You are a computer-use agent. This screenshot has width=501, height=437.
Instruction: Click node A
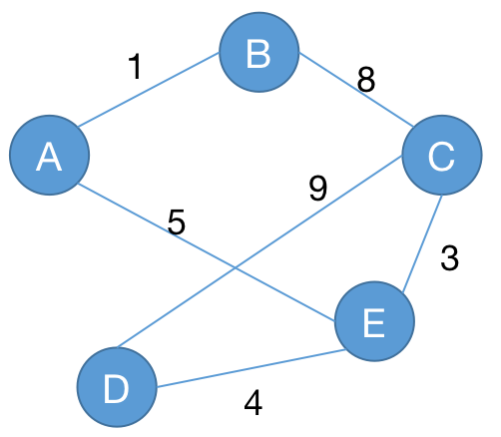[x=49, y=155]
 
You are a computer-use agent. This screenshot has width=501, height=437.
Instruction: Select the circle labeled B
[x=259, y=52]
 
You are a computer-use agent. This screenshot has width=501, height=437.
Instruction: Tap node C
[x=442, y=155]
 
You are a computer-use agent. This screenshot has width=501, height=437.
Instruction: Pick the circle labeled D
[x=117, y=387]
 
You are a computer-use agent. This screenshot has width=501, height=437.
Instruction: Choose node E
[x=374, y=321]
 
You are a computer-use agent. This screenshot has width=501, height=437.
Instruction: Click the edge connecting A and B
[x=149, y=90]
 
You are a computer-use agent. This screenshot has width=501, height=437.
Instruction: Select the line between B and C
[x=356, y=90]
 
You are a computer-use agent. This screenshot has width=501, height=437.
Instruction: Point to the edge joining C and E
[x=422, y=244]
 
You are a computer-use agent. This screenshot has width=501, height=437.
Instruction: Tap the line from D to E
[x=250, y=368]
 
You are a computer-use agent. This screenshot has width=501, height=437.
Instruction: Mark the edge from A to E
[x=206, y=252]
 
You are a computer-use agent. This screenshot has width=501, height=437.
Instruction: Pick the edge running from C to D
[x=259, y=251]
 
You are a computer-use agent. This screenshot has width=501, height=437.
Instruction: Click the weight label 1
[x=136, y=67]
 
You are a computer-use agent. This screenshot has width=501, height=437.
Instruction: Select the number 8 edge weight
[x=366, y=79]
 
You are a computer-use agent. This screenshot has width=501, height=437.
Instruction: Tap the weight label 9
[x=318, y=189]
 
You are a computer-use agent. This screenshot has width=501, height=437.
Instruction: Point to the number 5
[x=177, y=221]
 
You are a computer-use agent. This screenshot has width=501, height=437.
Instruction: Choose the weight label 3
[x=449, y=257]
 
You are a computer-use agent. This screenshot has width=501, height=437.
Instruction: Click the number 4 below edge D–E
[x=253, y=403]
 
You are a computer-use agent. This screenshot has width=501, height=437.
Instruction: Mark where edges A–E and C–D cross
[x=236, y=267]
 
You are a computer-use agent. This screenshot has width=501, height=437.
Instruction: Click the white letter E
[x=374, y=322]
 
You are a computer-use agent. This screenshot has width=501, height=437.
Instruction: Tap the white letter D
[x=116, y=389]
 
